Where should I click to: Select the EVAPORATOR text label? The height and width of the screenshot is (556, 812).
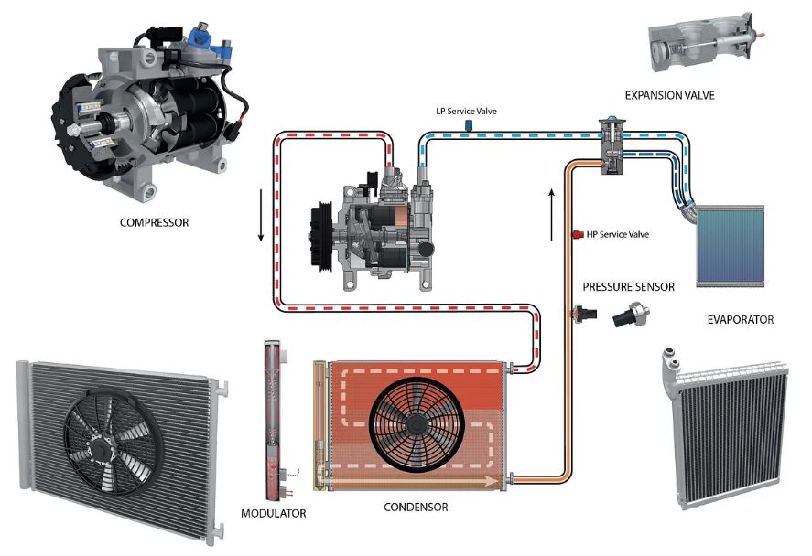tap(740, 320)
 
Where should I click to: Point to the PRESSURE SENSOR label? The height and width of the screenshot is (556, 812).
tap(628, 287)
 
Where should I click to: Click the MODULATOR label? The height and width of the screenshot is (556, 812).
tap(273, 513)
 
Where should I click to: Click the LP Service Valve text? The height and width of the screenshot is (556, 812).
tap(467, 111)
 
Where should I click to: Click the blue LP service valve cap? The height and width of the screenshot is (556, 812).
tap(468, 125)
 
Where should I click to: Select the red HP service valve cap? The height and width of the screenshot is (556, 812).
tap(576, 235)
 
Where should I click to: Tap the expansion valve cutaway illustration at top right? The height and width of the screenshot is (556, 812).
tap(700, 43)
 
